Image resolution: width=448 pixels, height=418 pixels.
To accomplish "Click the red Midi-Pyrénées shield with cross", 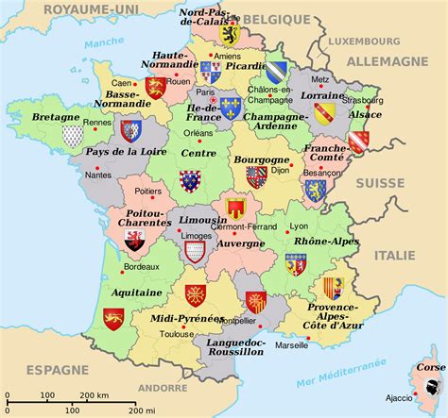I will [195, 295].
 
